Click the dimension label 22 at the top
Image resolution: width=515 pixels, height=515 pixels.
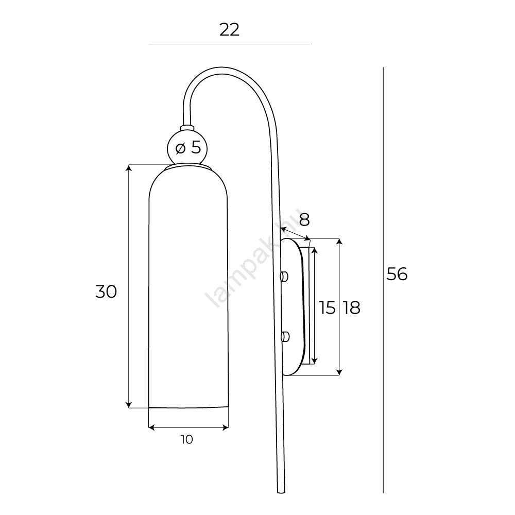click(x=229, y=30)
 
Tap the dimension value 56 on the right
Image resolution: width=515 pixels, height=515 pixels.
click(x=397, y=274)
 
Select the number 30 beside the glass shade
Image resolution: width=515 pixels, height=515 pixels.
click(x=106, y=291)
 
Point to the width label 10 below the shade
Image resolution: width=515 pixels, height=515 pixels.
click(x=187, y=439)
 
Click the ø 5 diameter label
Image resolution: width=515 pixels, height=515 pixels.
click(x=188, y=147)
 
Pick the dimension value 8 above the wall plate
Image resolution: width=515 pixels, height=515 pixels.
click(x=304, y=220)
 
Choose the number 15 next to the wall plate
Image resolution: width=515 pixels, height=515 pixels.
click(x=328, y=308)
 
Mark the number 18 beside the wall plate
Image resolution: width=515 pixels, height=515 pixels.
click(x=352, y=308)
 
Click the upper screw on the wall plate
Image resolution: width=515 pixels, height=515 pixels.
click(x=284, y=277)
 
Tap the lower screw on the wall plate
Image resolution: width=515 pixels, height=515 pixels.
click(x=284, y=337)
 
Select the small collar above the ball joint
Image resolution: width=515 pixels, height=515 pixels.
click(x=187, y=128)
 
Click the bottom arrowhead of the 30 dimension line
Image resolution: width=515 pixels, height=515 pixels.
click(x=129, y=405)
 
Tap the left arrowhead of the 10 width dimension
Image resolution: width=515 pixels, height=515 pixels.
click(x=152, y=427)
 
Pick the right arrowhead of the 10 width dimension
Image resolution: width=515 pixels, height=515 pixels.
click(x=225, y=427)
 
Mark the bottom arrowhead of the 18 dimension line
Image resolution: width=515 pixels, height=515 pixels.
click(x=339, y=372)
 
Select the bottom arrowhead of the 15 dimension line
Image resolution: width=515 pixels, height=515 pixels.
click(x=315, y=360)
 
